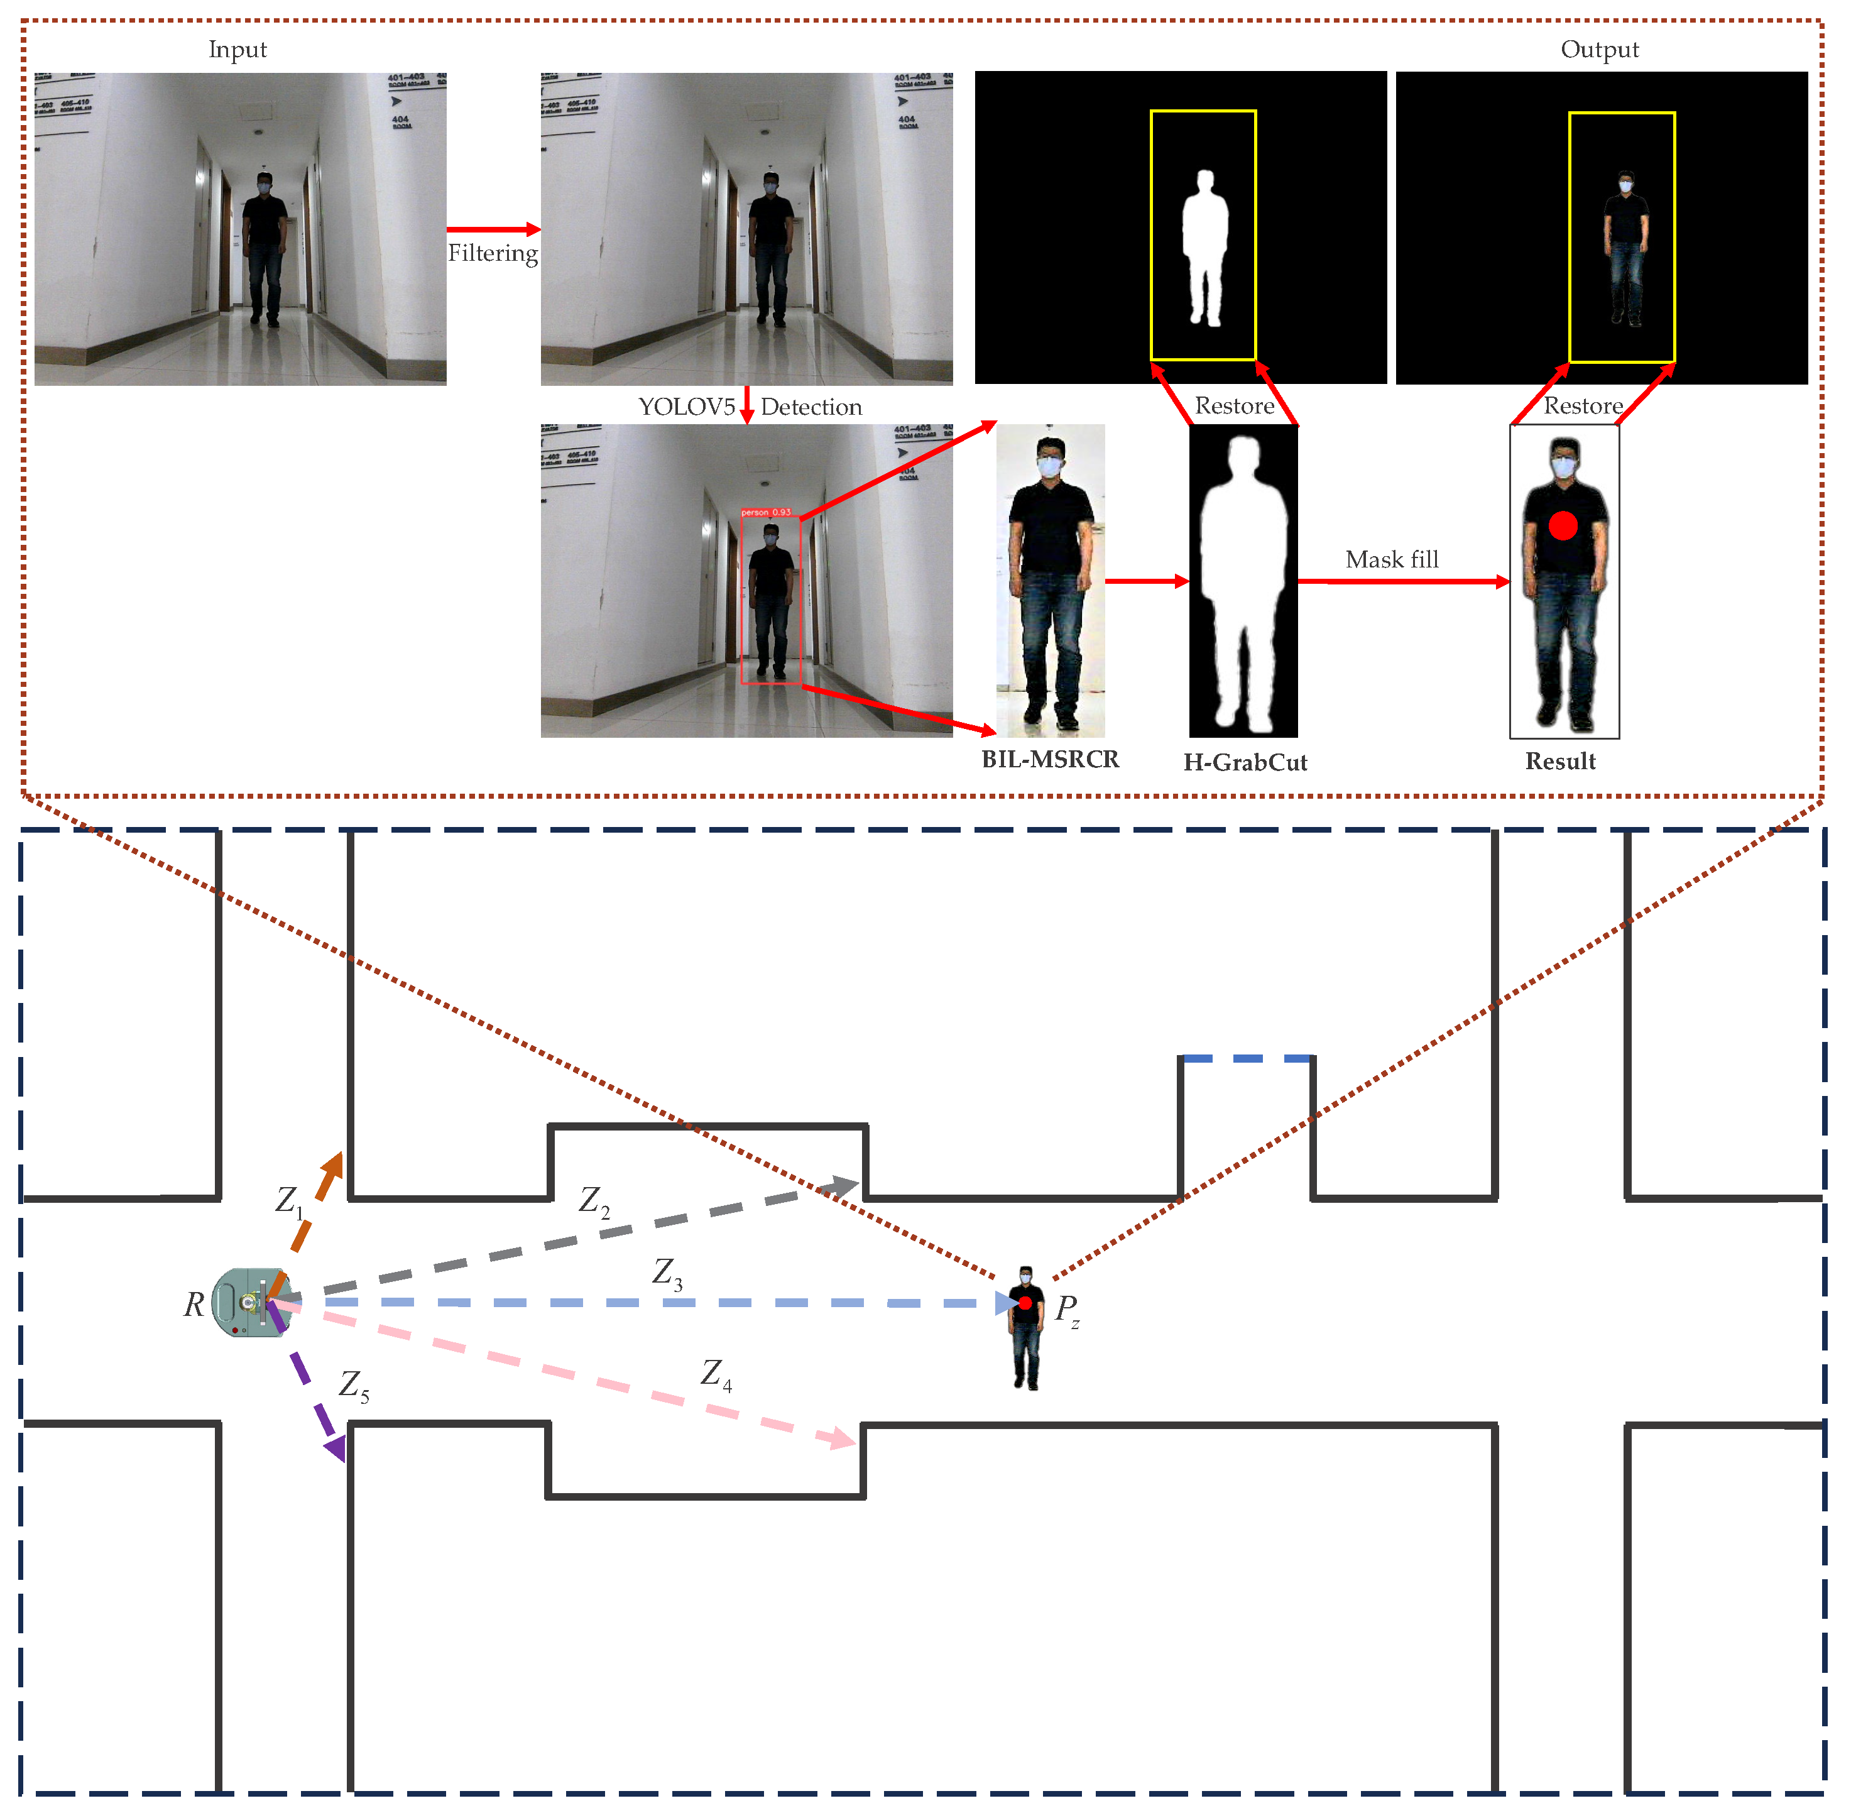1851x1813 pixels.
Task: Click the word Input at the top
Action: (x=237, y=50)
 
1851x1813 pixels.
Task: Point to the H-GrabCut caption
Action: (x=1245, y=762)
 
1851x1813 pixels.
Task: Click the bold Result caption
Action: (x=1559, y=761)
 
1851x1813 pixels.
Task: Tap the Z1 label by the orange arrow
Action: (x=288, y=1201)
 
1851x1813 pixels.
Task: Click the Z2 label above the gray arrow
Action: (x=593, y=1201)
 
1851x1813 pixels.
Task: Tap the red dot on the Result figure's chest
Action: (x=1563, y=525)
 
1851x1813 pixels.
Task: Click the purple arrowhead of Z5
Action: (x=335, y=1449)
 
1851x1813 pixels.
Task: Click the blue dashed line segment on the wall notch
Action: (x=1245, y=1058)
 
